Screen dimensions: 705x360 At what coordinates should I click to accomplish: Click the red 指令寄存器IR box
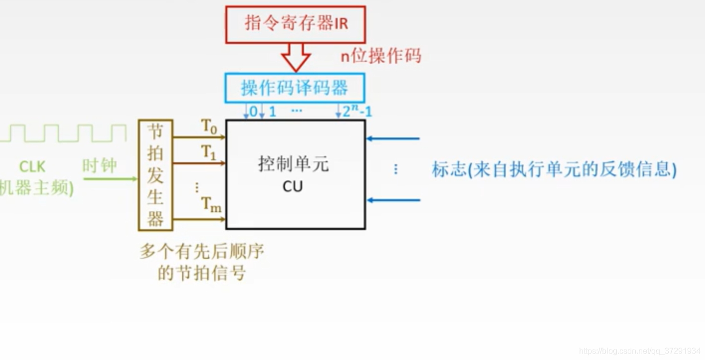click(x=295, y=24)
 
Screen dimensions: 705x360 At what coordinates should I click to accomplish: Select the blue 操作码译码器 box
click(x=295, y=88)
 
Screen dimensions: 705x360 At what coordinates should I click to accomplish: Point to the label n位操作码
click(x=381, y=56)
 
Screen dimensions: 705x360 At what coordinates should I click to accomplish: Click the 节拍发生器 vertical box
click(x=155, y=175)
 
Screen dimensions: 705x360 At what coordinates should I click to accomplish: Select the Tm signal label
click(x=211, y=204)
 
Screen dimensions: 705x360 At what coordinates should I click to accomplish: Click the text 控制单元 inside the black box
click(x=294, y=164)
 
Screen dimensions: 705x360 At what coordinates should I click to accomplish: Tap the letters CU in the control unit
click(x=293, y=187)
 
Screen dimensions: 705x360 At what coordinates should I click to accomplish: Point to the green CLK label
click(x=32, y=166)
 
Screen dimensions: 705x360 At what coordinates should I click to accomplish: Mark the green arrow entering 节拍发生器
click(x=110, y=179)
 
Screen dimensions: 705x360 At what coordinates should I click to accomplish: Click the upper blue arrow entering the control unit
click(x=393, y=138)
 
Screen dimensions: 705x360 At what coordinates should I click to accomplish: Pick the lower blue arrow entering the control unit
click(x=393, y=200)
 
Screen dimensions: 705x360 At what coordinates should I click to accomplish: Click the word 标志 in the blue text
click(x=449, y=170)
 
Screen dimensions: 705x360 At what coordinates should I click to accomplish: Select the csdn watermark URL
click(x=639, y=352)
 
